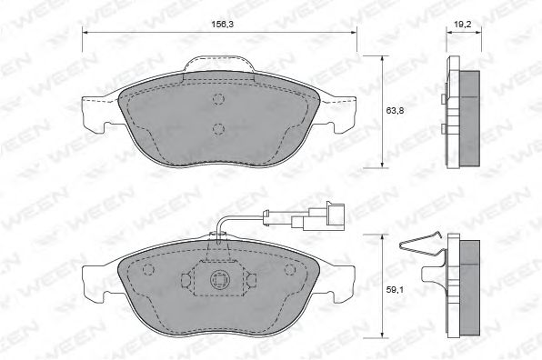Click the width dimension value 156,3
coord(220,24)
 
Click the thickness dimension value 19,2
coord(463,25)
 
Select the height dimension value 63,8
coord(395,111)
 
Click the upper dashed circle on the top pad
coord(218,99)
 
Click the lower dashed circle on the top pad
coord(218,129)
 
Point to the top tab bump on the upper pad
coord(219,65)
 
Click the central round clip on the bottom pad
coord(217,278)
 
